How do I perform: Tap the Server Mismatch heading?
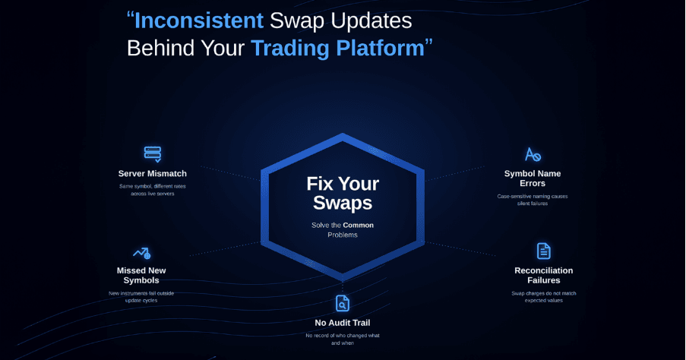(152, 174)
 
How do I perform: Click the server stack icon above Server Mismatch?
(152, 154)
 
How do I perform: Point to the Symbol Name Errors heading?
(533, 179)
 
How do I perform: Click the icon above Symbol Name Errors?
(533, 155)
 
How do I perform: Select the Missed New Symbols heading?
(141, 276)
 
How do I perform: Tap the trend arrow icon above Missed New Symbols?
(141, 252)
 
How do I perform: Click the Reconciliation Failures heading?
(543, 275)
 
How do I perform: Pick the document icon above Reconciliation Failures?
(543, 251)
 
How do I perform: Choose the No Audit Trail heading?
(342, 323)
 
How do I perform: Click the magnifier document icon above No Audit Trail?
(342, 303)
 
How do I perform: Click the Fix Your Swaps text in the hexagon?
(343, 194)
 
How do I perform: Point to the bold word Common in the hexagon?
(358, 225)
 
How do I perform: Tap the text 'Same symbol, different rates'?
(152, 186)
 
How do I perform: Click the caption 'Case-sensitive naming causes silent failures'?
(533, 200)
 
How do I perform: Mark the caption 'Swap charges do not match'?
(543, 293)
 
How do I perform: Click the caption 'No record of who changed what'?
(342, 335)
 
